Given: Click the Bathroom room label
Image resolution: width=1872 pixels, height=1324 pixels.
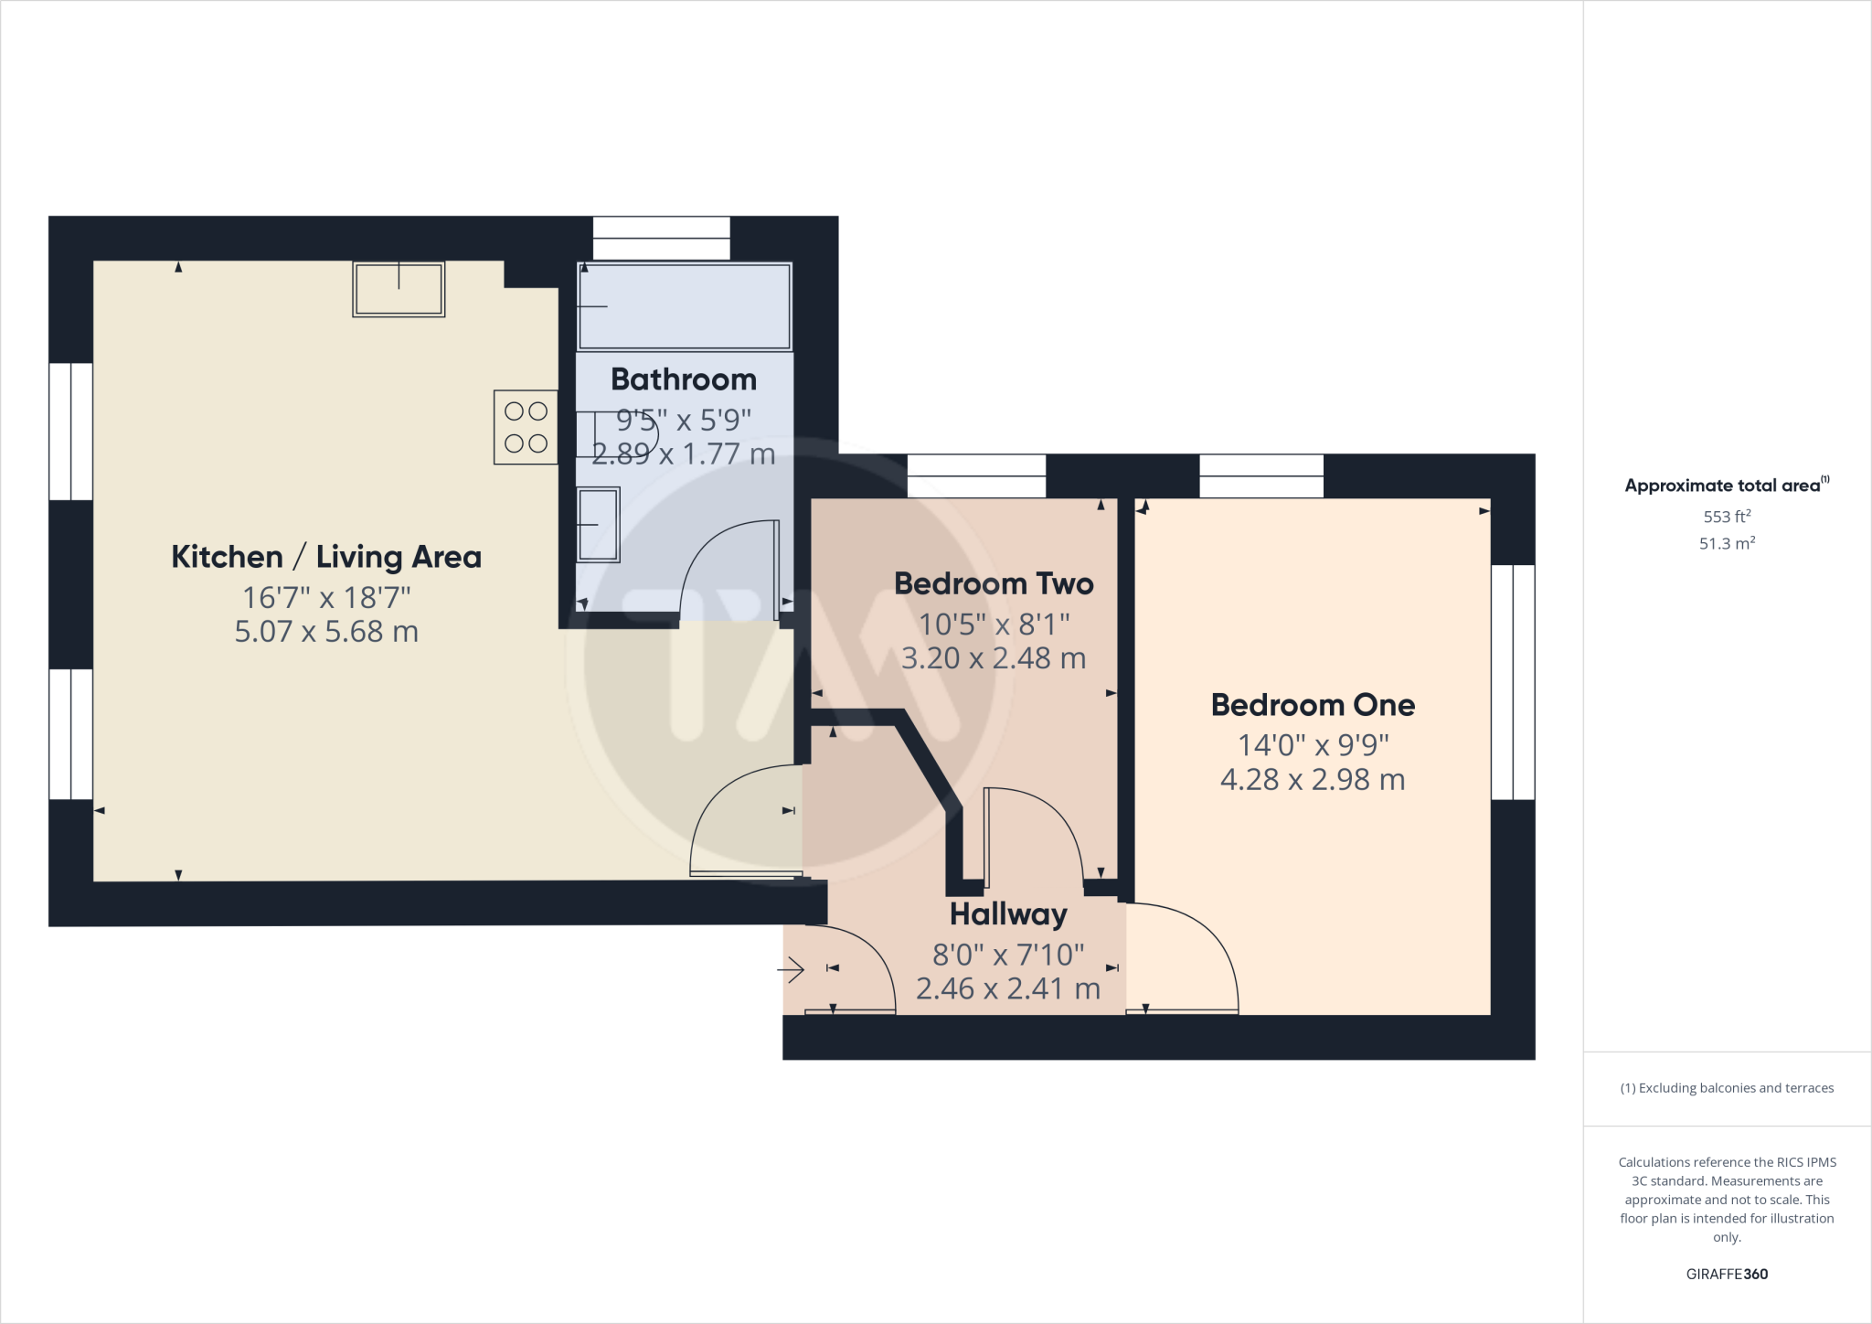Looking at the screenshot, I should pos(684,379).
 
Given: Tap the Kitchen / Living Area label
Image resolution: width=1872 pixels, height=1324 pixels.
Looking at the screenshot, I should pos(326,557).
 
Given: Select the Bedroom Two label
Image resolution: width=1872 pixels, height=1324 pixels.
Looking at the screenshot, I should pos(994,583).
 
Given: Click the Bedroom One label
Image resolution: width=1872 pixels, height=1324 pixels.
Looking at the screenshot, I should pos(1313,705).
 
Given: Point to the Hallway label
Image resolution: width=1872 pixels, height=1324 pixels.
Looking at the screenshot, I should pos(1008,914).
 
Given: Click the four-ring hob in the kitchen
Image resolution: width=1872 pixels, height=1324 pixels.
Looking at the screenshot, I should pos(526,427).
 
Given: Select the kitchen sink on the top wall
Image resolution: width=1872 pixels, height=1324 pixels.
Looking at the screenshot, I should pos(399,289).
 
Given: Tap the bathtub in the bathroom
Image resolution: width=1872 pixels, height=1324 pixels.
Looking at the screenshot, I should pos(685,306).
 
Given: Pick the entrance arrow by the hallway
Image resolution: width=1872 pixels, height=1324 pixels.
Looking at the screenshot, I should pos(791,969).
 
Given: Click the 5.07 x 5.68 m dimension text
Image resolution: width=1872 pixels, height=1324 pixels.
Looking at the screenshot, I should pos(326,632).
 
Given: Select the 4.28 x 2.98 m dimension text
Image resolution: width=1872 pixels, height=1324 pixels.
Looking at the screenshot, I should pos(1313,780).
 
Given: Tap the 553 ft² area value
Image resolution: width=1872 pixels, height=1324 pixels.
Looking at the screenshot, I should pos(1727,517).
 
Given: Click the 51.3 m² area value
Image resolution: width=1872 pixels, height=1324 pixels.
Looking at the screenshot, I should pos(1727,543).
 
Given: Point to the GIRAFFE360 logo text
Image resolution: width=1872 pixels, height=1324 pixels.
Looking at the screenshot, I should pos(1727,1274).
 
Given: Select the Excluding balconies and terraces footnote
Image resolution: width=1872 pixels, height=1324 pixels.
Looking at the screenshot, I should pos(1727,1088).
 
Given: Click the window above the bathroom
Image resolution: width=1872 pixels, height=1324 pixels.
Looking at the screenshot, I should pos(661,238).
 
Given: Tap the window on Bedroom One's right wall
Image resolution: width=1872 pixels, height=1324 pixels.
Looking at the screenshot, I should pos(1513,682).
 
